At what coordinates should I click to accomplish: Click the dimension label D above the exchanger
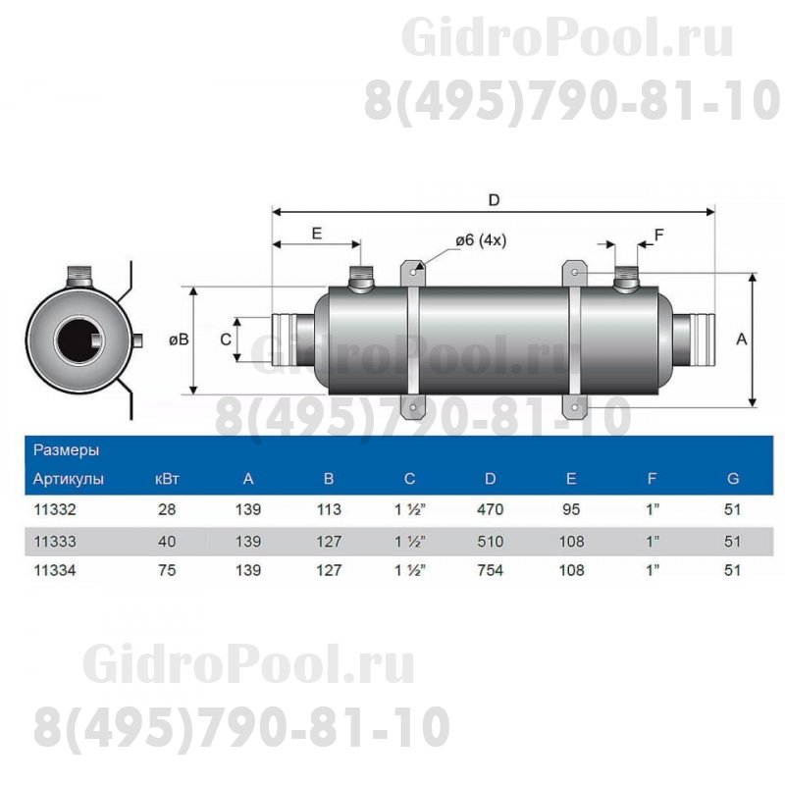pos(495,199)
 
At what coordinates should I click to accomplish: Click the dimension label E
pos(316,234)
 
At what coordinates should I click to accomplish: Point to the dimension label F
pos(659,234)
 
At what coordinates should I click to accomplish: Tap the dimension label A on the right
pos(742,339)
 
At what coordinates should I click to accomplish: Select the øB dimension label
pos(179,339)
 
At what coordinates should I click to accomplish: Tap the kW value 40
pos(167,541)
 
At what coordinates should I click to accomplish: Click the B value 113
pos(329,509)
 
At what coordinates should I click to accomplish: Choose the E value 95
pos(571,509)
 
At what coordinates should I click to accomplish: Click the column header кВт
pos(167,479)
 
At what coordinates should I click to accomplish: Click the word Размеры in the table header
pos(66,450)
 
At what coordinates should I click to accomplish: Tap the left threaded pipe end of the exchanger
pos(288,339)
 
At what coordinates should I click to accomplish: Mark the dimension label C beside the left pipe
pos(226,339)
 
